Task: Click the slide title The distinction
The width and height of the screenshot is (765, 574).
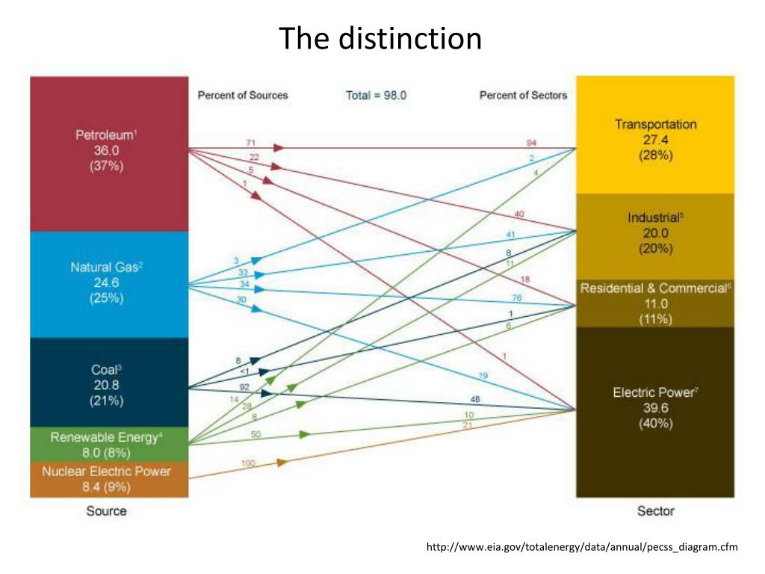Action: tap(381, 39)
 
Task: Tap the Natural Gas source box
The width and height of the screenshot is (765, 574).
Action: tap(109, 283)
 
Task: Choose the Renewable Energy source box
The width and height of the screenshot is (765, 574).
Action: tap(109, 445)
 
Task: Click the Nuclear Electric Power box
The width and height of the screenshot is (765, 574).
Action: tap(109, 479)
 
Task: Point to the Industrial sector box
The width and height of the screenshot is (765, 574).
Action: tap(655, 233)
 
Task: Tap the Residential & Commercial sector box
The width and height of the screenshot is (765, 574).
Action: tap(655, 303)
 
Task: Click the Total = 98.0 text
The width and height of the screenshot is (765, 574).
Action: tap(376, 96)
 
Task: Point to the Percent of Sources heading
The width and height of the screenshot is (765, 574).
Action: tap(243, 96)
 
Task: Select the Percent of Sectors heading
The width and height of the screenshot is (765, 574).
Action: tap(523, 96)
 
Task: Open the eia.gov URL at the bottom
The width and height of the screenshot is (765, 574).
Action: tap(581, 548)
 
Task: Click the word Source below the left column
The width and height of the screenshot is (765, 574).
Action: tap(106, 511)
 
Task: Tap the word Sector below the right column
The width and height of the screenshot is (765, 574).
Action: tap(655, 511)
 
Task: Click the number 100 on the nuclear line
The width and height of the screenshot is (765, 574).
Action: tap(248, 463)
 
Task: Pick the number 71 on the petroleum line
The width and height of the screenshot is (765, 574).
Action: tap(251, 142)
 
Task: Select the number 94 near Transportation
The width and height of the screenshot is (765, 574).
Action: tap(530, 142)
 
